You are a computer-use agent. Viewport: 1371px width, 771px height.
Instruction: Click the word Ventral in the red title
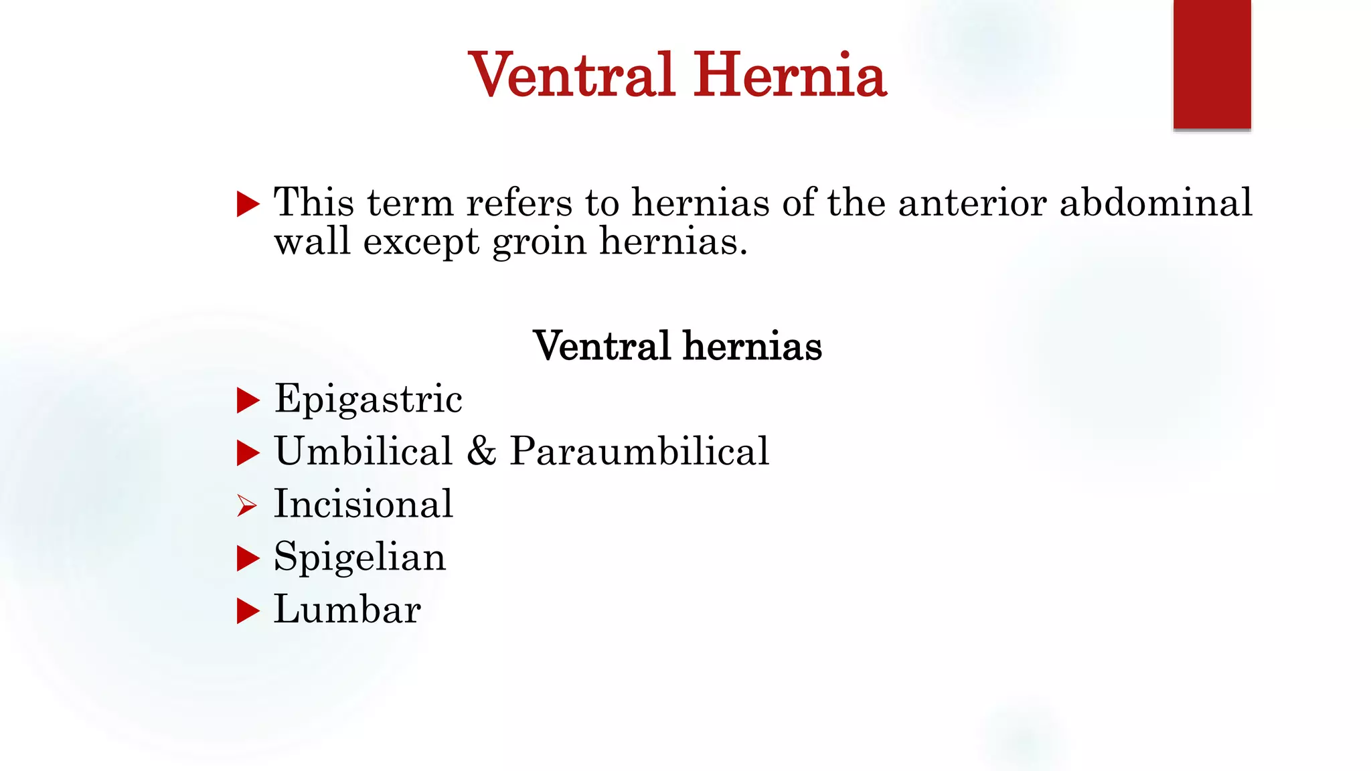click(x=571, y=75)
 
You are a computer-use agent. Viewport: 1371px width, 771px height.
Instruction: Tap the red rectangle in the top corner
click(x=1212, y=64)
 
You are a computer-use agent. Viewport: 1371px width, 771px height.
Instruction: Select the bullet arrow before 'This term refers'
click(x=248, y=203)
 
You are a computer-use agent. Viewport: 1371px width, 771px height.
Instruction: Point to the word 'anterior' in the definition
click(x=972, y=202)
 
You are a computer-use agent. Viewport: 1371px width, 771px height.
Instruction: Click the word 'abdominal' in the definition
click(x=1155, y=202)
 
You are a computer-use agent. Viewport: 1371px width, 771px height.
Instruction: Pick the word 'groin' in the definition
click(x=539, y=242)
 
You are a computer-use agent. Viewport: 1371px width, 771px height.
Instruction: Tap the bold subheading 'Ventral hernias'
click(x=677, y=346)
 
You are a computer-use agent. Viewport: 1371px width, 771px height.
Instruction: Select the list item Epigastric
click(x=368, y=400)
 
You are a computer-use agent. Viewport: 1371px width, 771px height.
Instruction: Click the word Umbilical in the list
click(x=364, y=451)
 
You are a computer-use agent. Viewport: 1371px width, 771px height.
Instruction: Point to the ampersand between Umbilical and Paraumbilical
click(x=481, y=451)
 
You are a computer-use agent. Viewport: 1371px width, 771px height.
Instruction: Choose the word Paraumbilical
click(x=639, y=451)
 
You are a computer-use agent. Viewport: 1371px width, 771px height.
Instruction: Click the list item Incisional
click(x=364, y=504)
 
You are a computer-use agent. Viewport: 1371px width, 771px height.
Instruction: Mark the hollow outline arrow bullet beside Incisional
click(x=247, y=506)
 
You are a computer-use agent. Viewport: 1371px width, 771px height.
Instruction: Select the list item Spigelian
click(x=359, y=558)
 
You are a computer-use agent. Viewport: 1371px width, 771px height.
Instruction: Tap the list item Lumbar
click(x=347, y=610)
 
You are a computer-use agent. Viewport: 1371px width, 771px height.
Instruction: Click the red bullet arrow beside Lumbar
click(x=248, y=611)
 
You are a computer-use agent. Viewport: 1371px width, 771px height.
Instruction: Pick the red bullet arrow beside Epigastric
click(x=248, y=401)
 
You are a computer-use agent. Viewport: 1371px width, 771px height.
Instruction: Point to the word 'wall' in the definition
click(x=312, y=242)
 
